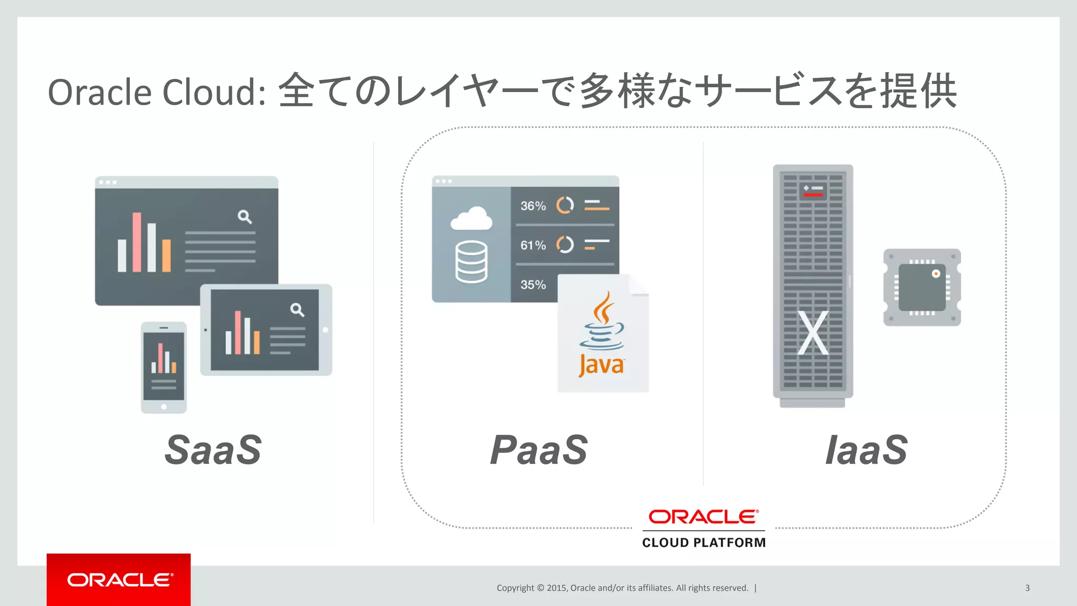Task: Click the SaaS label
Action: [213, 450]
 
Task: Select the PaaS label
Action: [538, 450]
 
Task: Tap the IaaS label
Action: [866, 450]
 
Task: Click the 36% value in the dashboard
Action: [533, 206]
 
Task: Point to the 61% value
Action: [533, 245]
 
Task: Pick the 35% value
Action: [533, 285]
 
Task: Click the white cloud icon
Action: [472, 219]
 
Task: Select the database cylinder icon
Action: [471, 262]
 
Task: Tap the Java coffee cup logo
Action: [603, 322]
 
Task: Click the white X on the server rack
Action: [812, 333]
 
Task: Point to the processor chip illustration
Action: [922, 287]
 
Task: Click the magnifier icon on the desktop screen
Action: [245, 216]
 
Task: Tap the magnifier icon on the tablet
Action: [297, 310]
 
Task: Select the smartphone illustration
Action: [164, 367]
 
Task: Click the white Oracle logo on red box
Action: [119, 580]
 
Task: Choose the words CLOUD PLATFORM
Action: [704, 542]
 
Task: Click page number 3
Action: [1027, 588]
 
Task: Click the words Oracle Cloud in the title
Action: [156, 93]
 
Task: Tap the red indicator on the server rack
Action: [813, 195]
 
